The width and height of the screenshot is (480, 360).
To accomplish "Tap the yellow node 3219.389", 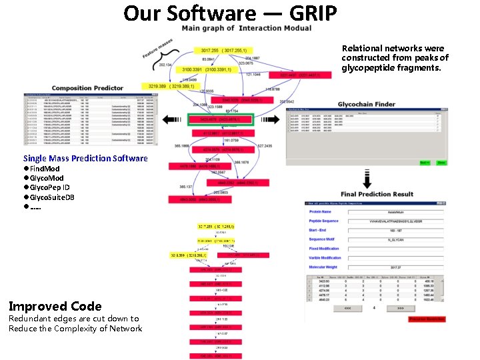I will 168,87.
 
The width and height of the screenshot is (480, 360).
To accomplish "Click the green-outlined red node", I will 220,120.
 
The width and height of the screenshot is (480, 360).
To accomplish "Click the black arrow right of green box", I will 269,120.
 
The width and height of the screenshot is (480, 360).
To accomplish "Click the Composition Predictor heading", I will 87,88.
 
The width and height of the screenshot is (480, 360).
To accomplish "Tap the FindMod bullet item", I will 43,169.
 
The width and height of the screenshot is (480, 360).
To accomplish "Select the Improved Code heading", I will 55,307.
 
